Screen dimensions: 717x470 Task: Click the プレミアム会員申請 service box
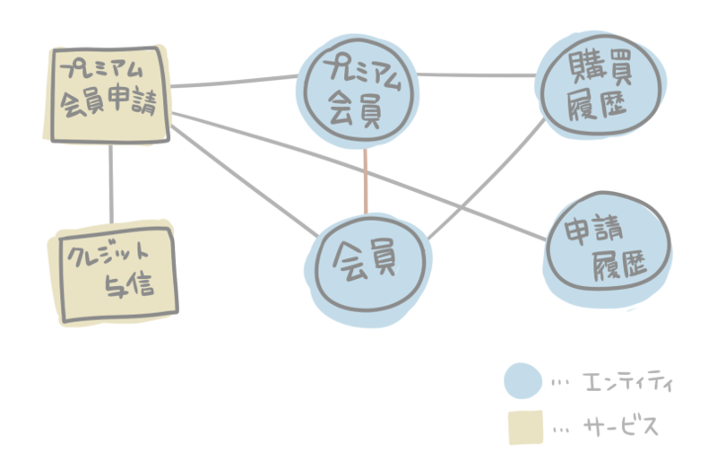point(108,94)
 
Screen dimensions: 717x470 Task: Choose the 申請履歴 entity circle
point(607,250)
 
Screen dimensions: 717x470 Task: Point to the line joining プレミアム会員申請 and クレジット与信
point(111,184)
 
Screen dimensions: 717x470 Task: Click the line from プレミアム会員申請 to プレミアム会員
point(235,82)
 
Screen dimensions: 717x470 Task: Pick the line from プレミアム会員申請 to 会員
point(242,175)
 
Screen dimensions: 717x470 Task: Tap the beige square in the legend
point(524,426)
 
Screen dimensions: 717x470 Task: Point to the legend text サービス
point(619,427)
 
